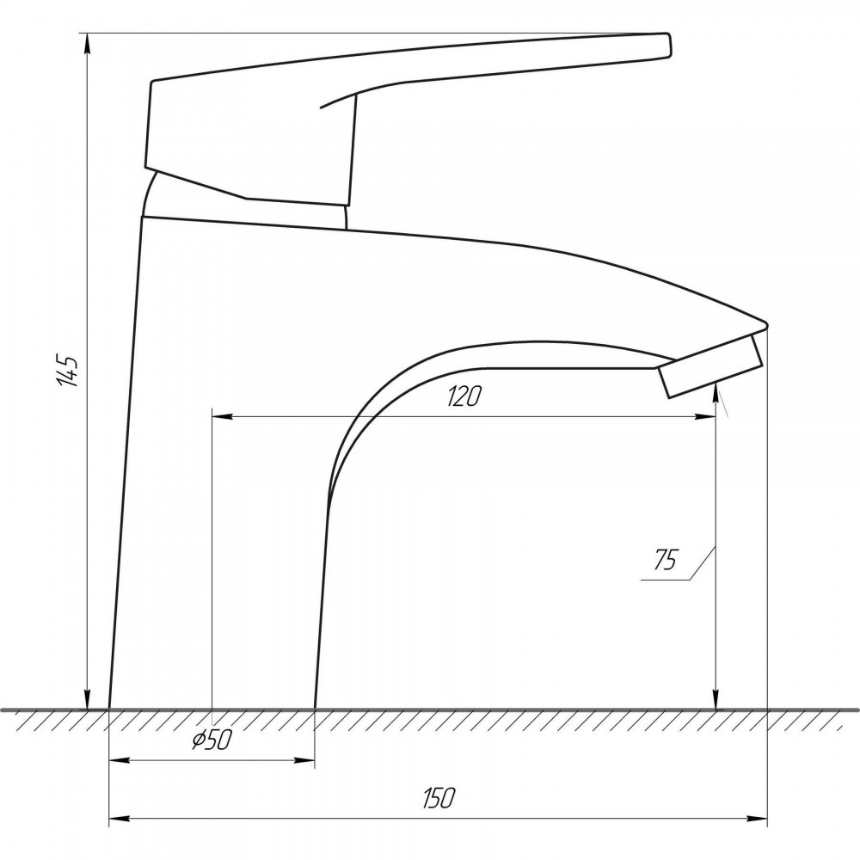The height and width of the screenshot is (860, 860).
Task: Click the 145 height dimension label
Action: [x=69, y=371]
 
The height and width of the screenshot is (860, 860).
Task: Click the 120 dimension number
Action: [x=464, y=396]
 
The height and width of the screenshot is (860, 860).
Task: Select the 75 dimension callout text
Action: [x=666, y=559]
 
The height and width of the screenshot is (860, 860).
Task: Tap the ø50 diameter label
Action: [x=212, y=740]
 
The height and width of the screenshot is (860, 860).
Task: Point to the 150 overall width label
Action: [x=439, y=798]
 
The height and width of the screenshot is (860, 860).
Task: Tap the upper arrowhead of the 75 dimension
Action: [x=716, y=394]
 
